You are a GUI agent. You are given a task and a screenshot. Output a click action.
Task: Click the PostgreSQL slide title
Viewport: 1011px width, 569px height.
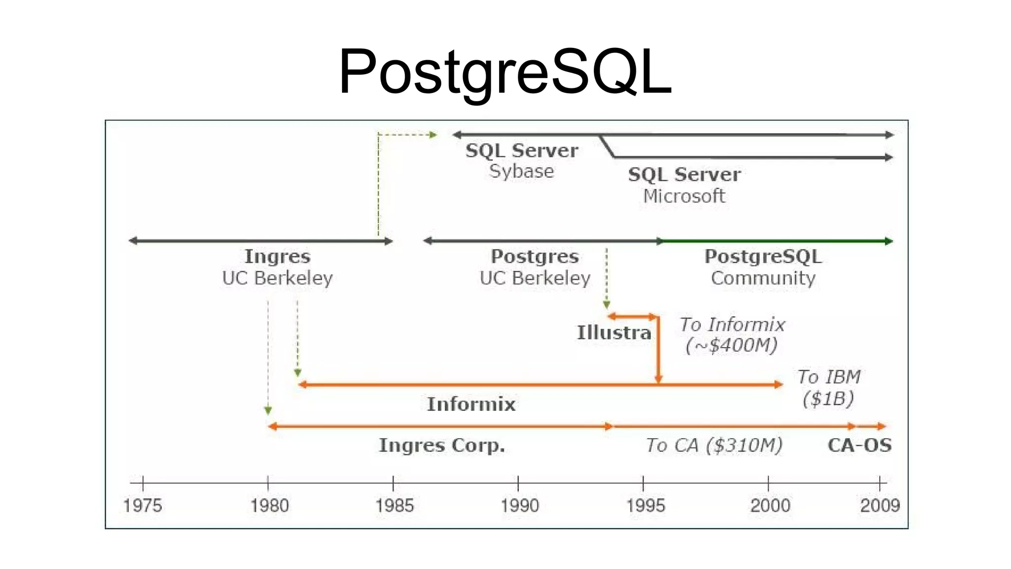505,72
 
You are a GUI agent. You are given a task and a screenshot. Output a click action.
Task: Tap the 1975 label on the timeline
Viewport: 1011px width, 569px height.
142,505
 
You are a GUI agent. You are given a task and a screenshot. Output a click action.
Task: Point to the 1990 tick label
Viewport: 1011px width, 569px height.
519,505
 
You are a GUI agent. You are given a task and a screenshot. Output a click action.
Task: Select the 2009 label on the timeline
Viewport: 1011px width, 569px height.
880,505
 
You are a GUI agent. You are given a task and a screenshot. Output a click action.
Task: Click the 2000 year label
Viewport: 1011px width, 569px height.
770,505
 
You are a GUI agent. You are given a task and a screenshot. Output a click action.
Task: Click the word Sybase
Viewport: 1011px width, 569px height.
521,171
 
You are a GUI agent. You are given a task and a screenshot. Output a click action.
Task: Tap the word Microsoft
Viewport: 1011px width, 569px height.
684,196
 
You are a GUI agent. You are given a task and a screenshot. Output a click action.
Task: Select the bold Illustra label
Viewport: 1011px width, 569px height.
614,332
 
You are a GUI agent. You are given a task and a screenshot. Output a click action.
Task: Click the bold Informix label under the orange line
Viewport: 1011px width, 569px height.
471,404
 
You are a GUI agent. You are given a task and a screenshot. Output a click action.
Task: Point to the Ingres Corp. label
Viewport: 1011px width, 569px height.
442,445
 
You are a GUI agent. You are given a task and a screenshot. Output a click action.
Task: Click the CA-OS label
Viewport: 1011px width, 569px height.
859,445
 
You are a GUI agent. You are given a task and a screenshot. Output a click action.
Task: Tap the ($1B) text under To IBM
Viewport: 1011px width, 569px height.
828,398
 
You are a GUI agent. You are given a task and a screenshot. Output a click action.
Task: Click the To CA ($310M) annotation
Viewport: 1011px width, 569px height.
714,445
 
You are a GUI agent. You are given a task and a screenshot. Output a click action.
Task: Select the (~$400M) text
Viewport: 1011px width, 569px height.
732,345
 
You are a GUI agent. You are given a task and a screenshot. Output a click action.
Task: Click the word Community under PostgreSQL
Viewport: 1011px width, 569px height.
763,278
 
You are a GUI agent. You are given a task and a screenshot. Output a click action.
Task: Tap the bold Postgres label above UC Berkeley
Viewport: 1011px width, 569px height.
535,256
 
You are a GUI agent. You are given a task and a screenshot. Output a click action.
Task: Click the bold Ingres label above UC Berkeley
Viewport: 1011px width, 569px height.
277,256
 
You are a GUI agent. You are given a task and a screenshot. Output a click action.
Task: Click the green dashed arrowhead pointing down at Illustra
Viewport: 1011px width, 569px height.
607,305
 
